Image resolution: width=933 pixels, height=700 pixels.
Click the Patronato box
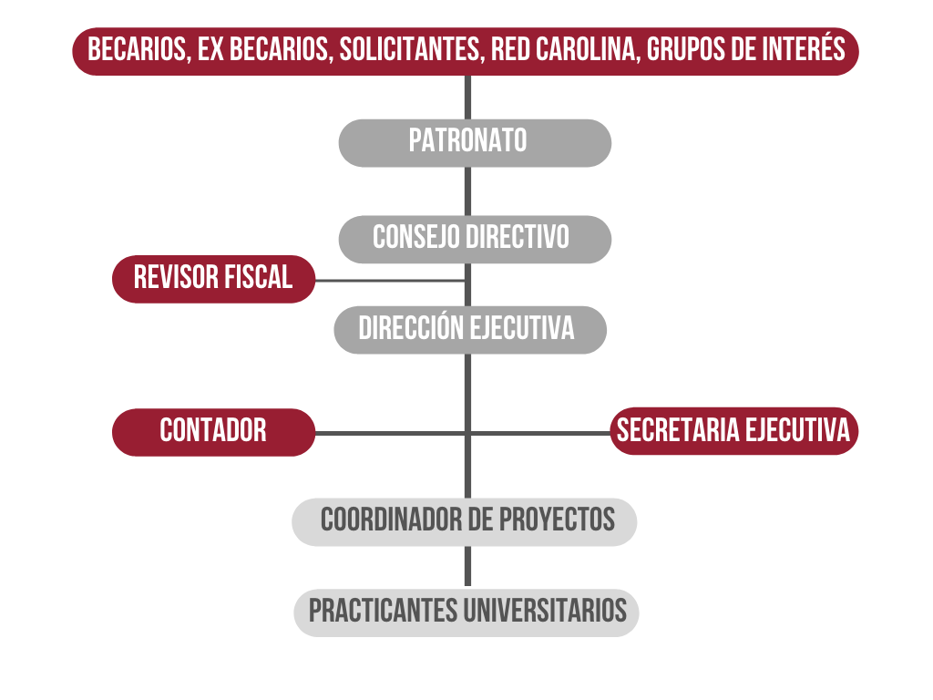coord(475,143)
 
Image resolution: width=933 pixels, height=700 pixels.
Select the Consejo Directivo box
coord(475,240)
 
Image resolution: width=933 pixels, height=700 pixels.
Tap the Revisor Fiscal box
coord(213,279)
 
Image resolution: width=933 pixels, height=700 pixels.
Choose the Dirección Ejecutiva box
coord(470,330)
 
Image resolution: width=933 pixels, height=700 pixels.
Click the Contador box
coord(213,432)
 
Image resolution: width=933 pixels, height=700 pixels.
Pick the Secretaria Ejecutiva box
coord(734,431)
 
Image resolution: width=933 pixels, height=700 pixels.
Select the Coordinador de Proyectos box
coord(464,522)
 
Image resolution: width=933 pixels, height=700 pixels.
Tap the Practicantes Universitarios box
coord(466,613)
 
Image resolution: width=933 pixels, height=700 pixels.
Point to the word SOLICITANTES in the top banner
coord(410,49)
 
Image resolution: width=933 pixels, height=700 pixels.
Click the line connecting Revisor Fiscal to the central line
coord(390,281)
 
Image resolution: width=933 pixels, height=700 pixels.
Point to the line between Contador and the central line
coord(390,433)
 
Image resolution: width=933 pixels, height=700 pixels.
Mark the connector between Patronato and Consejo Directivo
coord(467,191)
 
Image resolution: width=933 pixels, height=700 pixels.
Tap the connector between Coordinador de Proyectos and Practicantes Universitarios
coord(467,566)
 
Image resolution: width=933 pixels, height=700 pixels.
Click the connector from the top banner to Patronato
coord(467,97)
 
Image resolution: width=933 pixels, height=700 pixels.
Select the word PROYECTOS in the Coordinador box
coord(557,520)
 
